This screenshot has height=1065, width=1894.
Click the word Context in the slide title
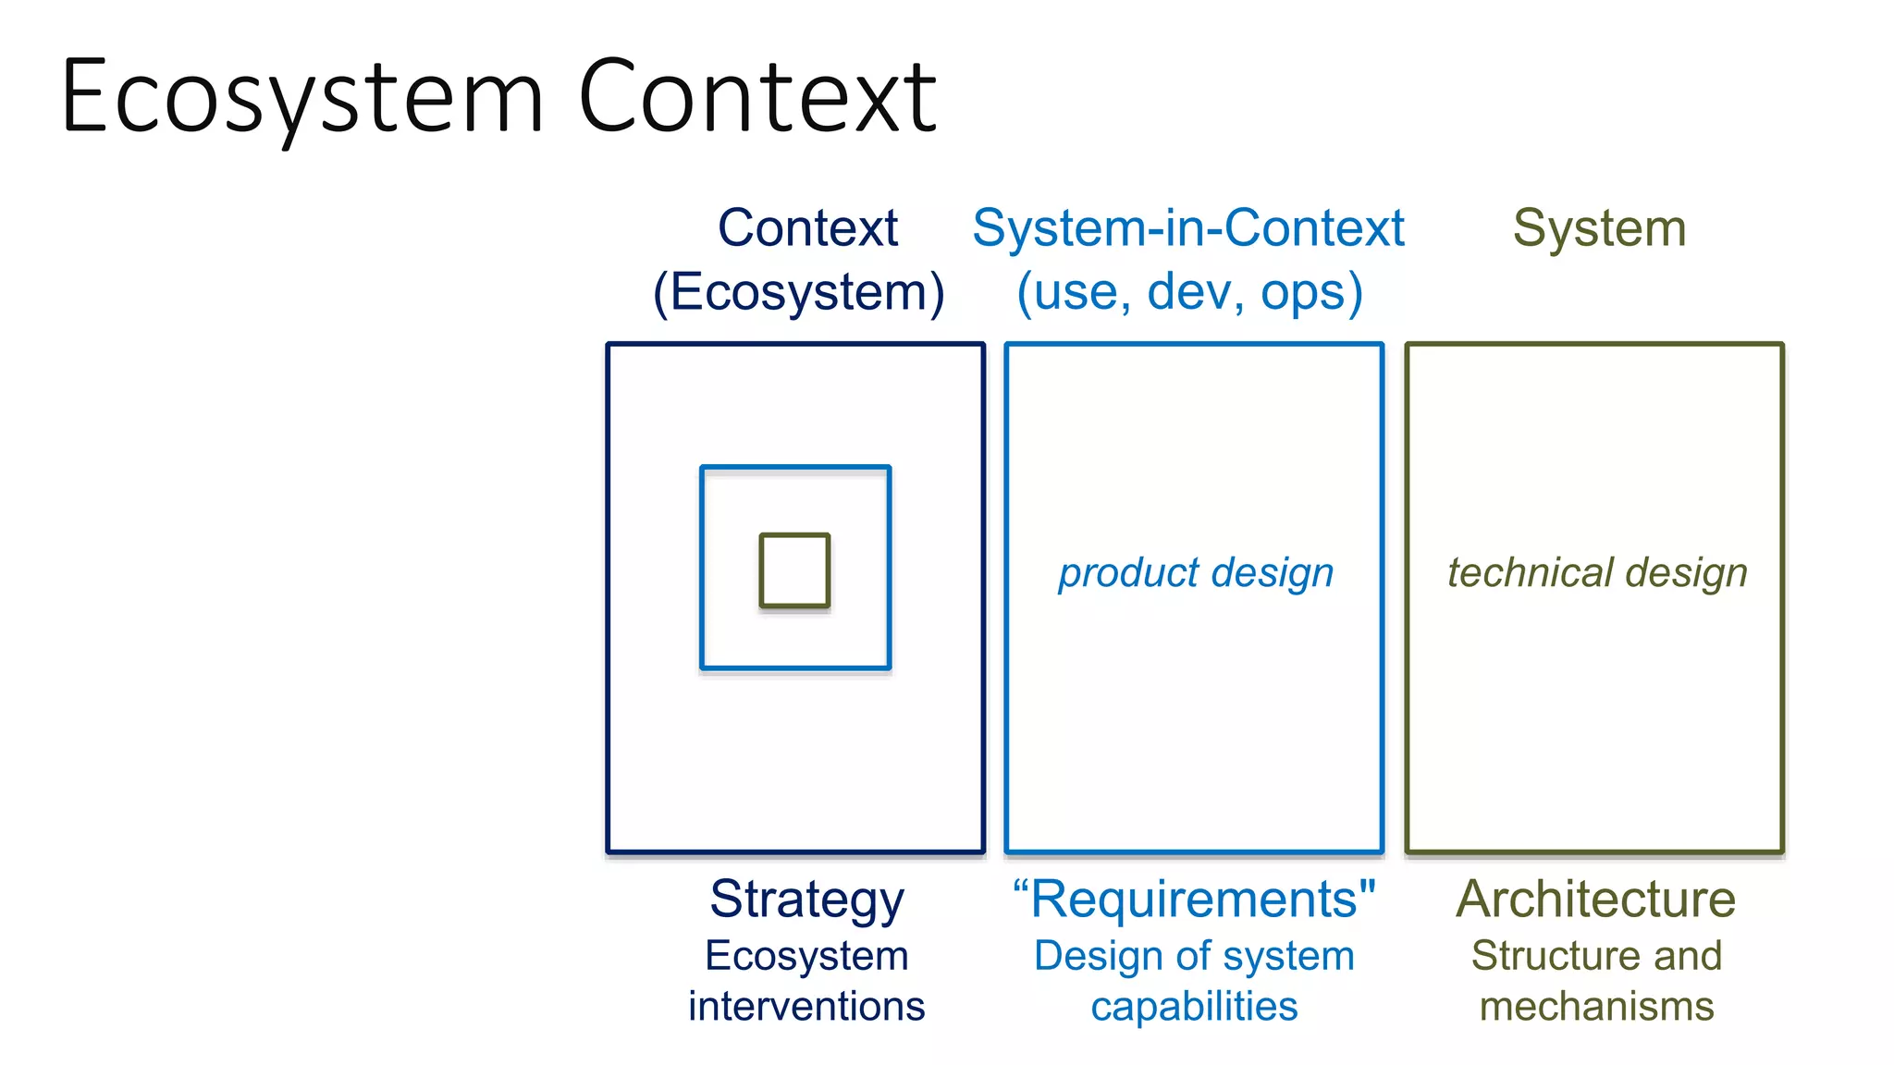click(x=757, y=97)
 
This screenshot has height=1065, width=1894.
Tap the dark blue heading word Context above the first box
click(x=807, y=227)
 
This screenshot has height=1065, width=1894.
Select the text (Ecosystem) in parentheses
click(x=799, y=292)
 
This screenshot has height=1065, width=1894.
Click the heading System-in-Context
click(x=1188, y=227)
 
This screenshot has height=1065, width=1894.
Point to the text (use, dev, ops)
click(x=1189, y=292)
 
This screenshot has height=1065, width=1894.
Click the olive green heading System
click(x=1599, y=227)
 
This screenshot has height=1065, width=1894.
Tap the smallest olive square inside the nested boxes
click(x=794, y=570)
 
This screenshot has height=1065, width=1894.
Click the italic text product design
click(x=1196, y=572)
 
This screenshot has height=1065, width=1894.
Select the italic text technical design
click(x=1597, y=572)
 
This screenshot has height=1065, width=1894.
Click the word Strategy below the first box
click(x=806, y=899)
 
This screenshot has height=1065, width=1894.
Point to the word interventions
click(x=806, y=1006)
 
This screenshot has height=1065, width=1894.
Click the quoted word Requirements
click(x=1194, y=899)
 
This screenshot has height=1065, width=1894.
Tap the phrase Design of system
click(x=1194, y=955)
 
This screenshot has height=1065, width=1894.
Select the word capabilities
click(x=1194, y=1006)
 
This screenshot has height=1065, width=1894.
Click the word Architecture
click(x=1596, y=899)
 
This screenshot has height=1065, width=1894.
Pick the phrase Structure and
click(x=1596, y=955)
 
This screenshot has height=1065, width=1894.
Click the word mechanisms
click(x=1596, y=1006)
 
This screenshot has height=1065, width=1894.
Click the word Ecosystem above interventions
click(x=806, y=955)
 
